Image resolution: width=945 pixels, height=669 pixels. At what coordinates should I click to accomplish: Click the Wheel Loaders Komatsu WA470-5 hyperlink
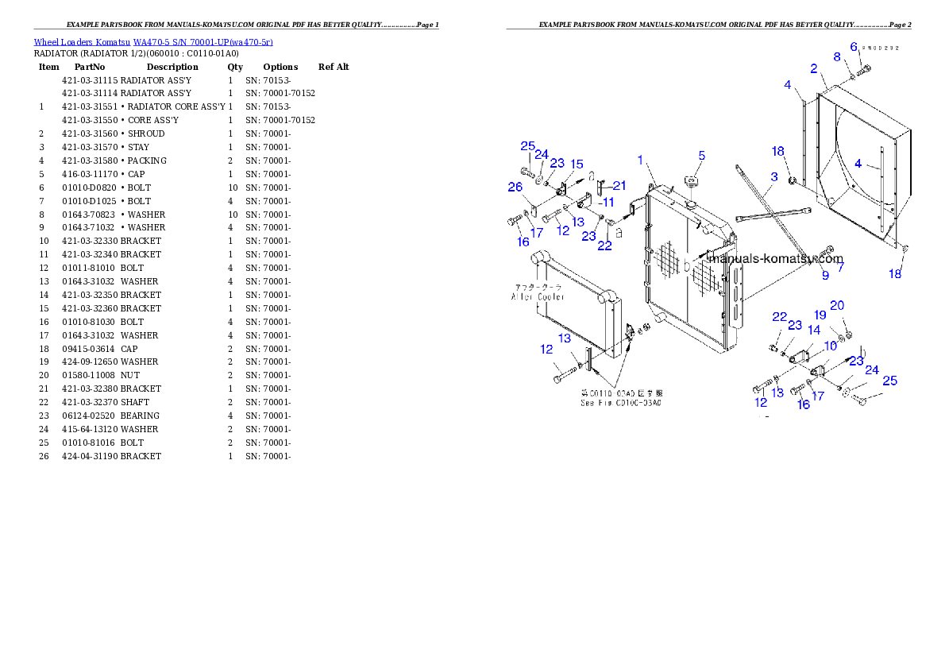(153, 42)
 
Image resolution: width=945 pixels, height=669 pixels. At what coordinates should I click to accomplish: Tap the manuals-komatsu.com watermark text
(775, 259)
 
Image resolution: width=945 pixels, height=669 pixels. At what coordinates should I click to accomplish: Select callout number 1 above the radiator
(640, 161)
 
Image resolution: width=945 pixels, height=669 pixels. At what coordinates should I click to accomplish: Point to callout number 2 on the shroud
(814, 69)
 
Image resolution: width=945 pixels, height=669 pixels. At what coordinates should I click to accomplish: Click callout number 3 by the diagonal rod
(773, 177)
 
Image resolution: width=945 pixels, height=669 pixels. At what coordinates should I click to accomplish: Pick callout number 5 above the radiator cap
(854, 47)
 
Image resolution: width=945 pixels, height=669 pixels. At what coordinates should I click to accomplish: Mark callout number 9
(825, 276)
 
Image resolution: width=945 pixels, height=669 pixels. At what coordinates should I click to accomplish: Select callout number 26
(515, 188)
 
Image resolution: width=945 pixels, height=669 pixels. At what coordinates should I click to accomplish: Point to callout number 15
(577, 164)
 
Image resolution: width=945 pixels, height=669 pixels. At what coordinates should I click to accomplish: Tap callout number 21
(619, 186)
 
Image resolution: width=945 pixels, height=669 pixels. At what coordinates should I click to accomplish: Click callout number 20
(837, 306)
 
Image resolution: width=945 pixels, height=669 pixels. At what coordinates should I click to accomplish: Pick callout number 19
(820, 315)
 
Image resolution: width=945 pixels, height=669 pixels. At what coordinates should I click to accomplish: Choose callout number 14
(814, 330)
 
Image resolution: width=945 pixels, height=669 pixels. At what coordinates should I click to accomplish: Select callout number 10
(830, 346)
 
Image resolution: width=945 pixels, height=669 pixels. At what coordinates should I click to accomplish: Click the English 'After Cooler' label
(538, 296)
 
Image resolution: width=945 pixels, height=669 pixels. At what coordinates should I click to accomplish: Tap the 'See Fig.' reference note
(621, 403)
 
